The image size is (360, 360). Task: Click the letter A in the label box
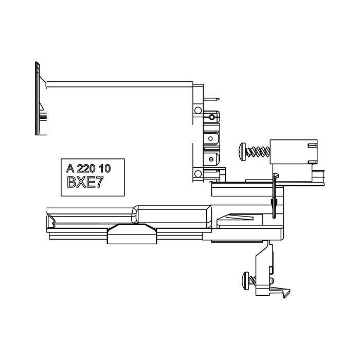(70, 168)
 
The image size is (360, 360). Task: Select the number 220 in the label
(86, 169)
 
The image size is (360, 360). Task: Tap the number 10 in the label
(105, 169)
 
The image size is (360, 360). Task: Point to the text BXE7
(85, 182)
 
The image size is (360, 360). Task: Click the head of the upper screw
(243, 152)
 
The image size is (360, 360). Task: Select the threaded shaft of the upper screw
(258, 152)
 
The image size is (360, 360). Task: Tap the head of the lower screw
(246, 281)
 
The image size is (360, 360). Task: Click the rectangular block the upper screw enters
(294, 152)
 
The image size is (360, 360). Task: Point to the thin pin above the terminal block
(211, 99)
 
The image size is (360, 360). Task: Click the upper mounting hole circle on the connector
(198, 111)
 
